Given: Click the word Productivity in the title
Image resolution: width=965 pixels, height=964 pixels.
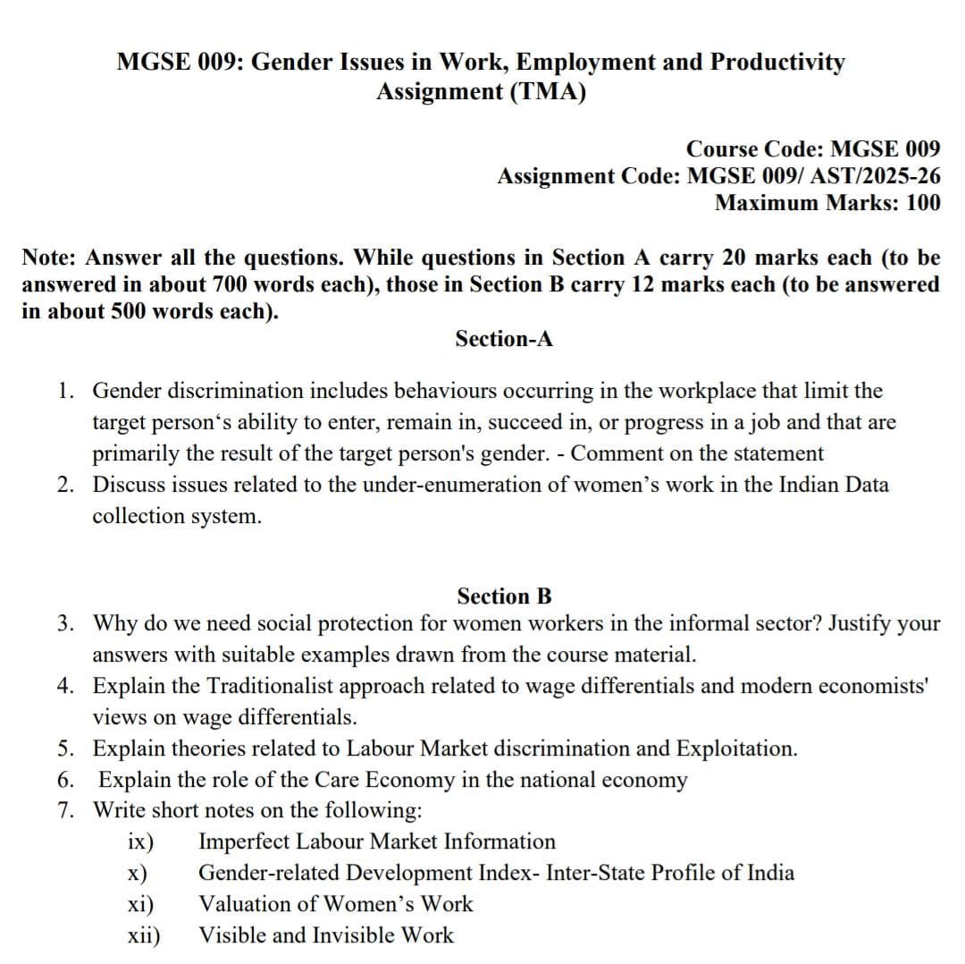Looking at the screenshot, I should [x=777, y=62].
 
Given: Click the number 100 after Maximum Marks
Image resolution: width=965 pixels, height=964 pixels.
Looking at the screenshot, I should [x=923, y=202].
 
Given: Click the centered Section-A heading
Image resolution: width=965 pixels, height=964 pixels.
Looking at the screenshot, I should [x=504, y=339].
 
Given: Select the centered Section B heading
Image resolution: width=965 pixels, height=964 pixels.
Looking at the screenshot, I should [x=504, y=596].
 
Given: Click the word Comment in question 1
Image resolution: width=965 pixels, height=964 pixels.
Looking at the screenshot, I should [x=611, y=453].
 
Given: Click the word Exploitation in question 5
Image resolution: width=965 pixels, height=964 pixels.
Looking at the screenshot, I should [x=735, y=748].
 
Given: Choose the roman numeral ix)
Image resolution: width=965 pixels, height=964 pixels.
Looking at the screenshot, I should [x=140, y=842].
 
